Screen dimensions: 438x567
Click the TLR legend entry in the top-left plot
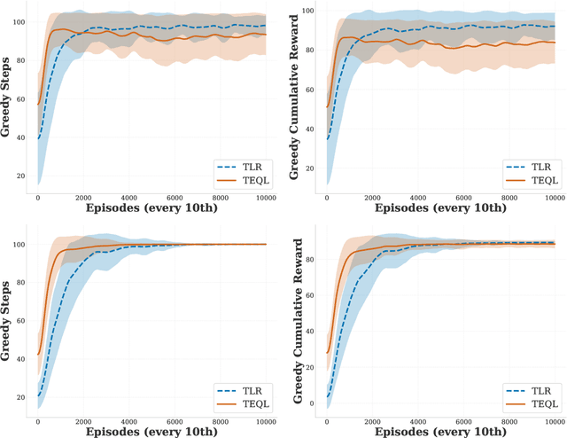click(x=245, y=165)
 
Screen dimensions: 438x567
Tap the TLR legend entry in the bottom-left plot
click(x=245, y=389)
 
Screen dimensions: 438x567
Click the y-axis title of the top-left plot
click(x=7, y=98)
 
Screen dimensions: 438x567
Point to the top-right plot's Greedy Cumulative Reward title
click(x=297, y=98)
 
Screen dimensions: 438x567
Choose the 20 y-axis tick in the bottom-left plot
click(x=20, y=396)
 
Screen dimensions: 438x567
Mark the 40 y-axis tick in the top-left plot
click(x=20, y=137)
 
